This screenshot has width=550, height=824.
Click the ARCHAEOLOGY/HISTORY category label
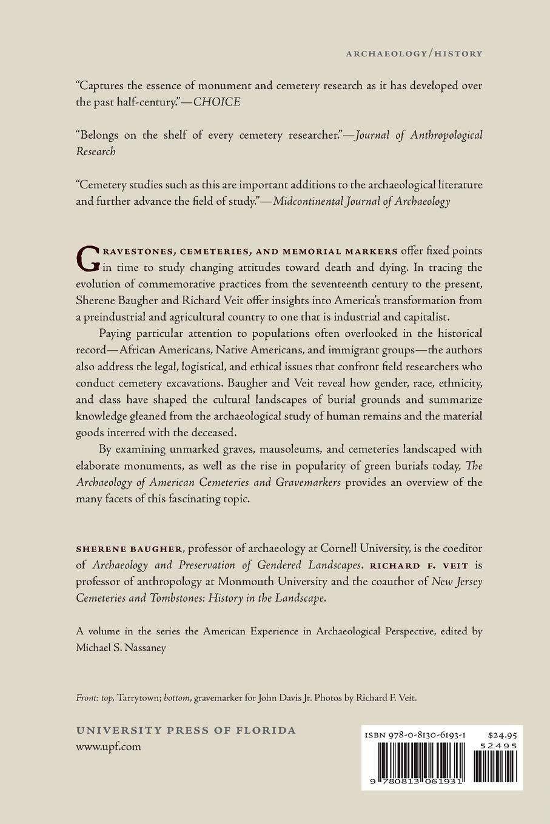(414, 53)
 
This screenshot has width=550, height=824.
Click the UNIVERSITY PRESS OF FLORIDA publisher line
(186, 730)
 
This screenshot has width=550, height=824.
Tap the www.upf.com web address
(109, 746)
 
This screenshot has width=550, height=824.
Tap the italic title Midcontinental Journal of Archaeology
(361, 202)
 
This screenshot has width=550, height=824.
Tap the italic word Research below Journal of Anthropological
(96, 151)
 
